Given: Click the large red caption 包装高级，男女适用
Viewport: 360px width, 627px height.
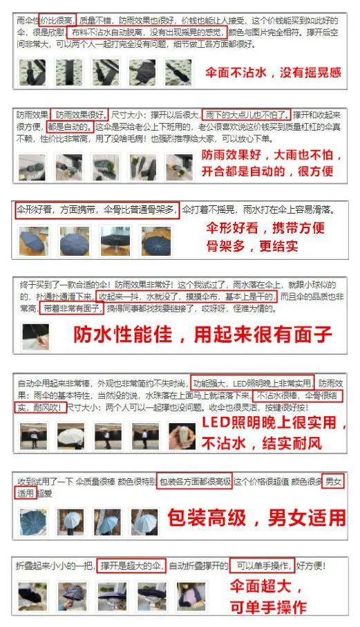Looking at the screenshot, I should coord(255,517).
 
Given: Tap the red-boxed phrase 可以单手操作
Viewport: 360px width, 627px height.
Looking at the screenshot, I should coord(263,565).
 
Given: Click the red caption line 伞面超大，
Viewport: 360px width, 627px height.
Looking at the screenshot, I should coord(266,588).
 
